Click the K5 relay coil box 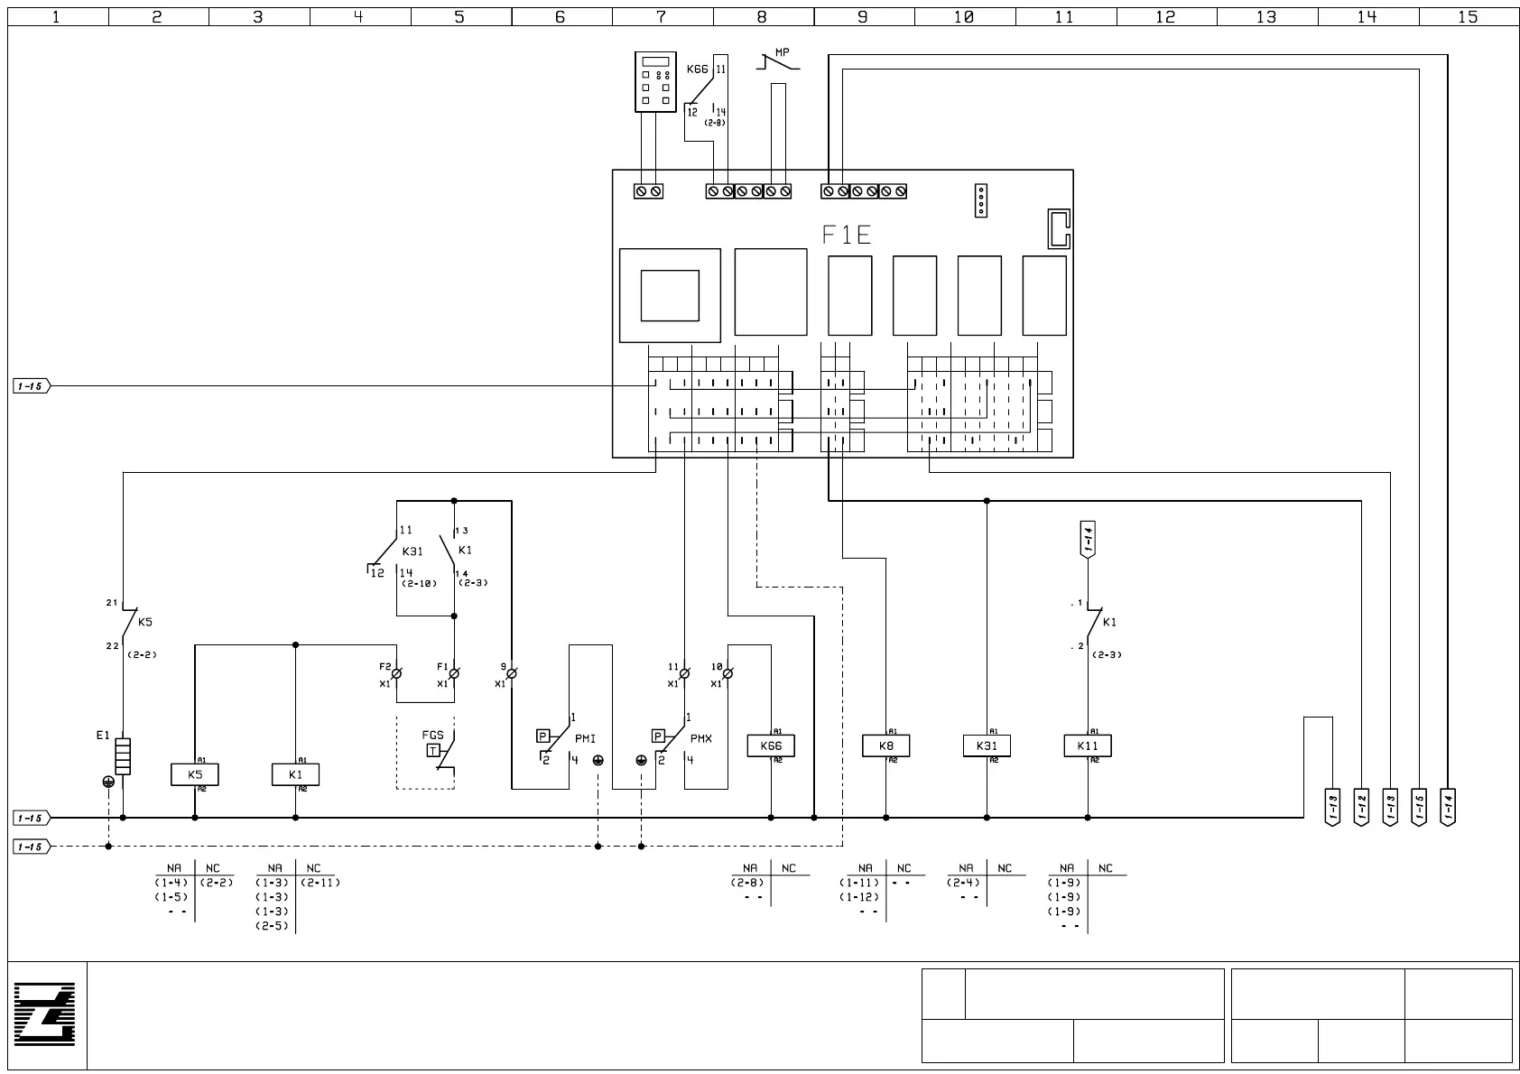[195, 774]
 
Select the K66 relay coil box [771, 745]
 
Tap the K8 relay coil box [885, 745]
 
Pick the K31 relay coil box [987, 745]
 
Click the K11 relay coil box [1088, 745]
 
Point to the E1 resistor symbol [123, 756]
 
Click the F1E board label [846, 236]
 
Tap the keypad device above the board [655, 82]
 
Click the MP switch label [782, 53]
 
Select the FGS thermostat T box [433, 751]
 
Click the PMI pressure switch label [585, 739]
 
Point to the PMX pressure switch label [700, 739]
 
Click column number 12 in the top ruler [1165, 16]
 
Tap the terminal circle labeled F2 [396, 673]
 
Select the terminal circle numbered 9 [512, 673]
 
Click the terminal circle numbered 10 [728, 673]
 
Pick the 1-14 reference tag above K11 [1088, 539]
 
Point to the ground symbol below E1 [108, 782]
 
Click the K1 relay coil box [296, 774]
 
